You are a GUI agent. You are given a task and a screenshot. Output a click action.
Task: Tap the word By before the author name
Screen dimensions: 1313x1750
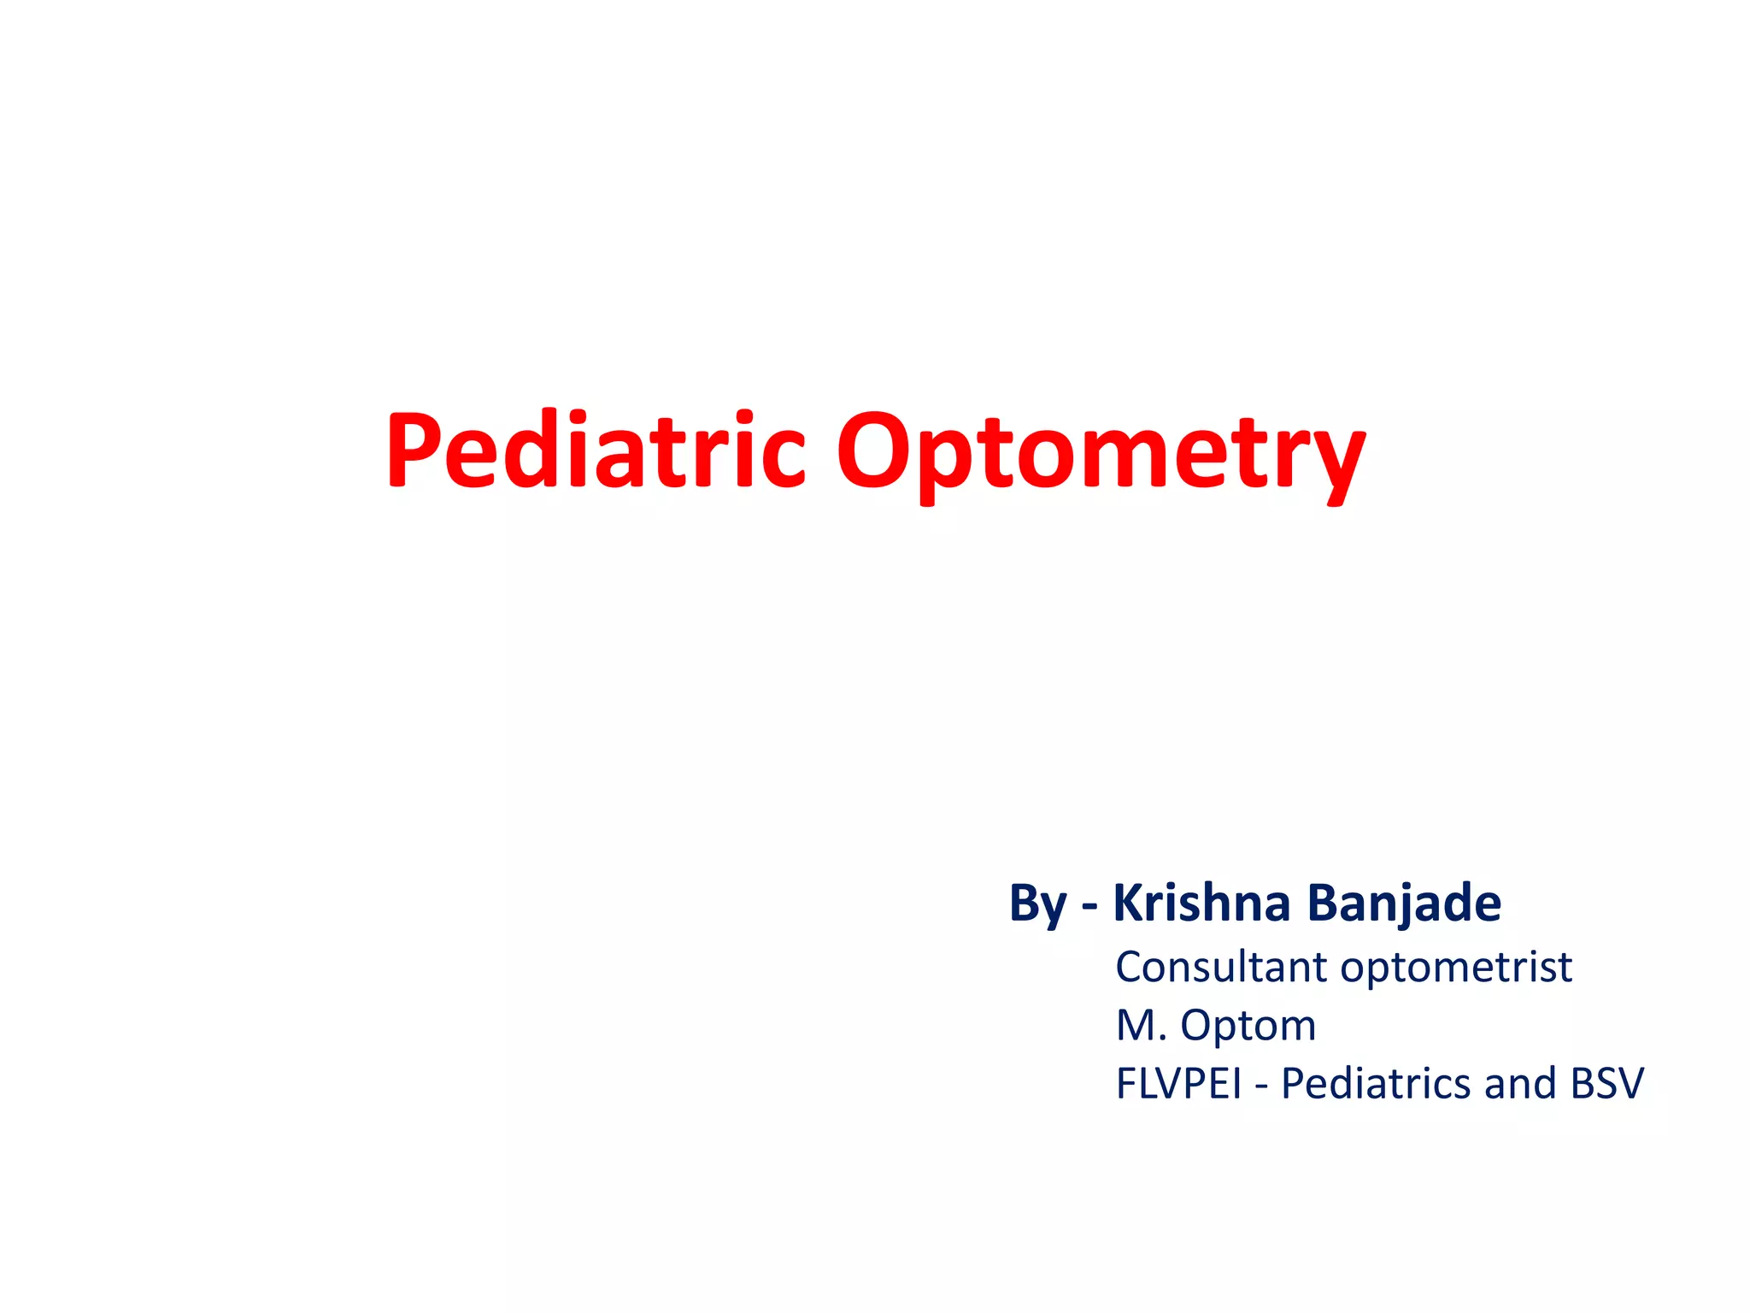click(1038, 904)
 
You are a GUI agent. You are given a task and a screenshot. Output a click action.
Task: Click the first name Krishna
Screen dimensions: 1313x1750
click(1201, 903)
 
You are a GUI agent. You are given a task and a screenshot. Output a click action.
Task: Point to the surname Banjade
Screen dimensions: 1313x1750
click(1404, 904)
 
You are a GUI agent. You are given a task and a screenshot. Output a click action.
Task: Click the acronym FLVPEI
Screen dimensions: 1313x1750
click(1178, 1084)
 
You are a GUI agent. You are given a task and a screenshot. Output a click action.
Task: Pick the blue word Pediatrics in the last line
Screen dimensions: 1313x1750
click(1377, 1084)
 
